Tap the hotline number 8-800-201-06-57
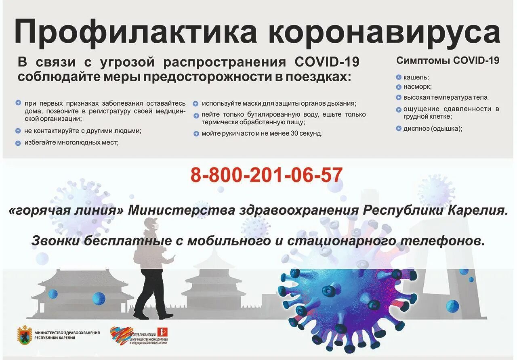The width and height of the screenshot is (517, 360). [267, 175]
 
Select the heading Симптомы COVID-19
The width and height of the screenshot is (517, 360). [448, 61]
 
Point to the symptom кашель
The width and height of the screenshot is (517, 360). [416, 77]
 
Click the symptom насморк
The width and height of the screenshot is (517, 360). [418, 86]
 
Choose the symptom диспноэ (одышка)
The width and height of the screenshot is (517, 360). [433, 129]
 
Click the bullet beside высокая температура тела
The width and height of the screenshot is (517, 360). [399, 97]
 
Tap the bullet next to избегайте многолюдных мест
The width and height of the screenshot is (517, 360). [18, 143]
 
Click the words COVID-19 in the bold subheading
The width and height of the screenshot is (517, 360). [327, 63]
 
